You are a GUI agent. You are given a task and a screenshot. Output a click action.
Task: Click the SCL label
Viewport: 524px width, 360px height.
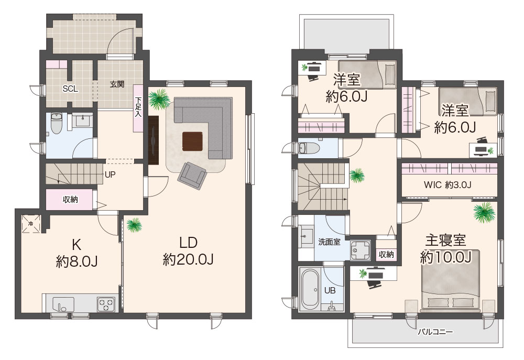[x=70, y=89]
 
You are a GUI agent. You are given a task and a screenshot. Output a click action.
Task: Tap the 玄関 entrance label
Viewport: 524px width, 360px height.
[x=117, y=84]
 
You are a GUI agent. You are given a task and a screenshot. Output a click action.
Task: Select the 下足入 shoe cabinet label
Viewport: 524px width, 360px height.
[x=138, y=106]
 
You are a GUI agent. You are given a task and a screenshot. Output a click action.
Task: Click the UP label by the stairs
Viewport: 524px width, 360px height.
[x=110, y=174]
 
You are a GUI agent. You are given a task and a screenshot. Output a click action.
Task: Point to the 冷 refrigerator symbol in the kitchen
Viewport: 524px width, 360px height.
[x=31, y=224]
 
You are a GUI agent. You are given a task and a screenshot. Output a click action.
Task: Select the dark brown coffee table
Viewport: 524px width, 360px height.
[x=193, y=141]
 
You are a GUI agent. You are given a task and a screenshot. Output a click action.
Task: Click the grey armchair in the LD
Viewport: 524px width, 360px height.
[x=192, y=176]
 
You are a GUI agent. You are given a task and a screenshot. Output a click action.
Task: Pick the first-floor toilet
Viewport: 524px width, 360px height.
[x=56, y=123]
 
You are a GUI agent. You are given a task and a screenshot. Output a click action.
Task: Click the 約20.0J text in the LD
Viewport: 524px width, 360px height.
[x=188, y=259]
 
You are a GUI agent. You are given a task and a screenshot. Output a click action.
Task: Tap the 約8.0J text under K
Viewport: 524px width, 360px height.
[x=77, y=261]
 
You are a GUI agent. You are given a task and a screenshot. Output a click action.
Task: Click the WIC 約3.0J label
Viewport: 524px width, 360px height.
[x=447, y=184]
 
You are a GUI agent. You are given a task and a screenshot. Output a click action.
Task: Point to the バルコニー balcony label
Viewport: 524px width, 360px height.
[x=435, y=332]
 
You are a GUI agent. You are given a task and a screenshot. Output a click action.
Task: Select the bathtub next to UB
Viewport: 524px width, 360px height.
[x=310, y=289]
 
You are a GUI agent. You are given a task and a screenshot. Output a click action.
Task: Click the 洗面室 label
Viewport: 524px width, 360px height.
[x=329, y=242]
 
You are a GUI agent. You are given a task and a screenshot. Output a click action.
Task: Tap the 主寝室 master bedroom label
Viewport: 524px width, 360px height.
[x=445, y=241]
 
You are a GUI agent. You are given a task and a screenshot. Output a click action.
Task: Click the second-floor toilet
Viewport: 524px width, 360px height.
[x=308, y=147]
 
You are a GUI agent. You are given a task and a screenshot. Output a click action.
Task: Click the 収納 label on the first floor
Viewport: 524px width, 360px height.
[x=70, y=200]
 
